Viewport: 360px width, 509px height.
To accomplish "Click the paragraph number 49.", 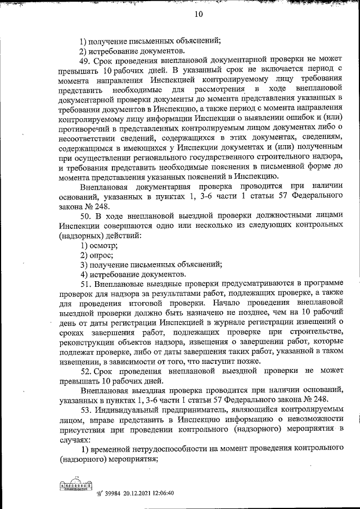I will [85, 60].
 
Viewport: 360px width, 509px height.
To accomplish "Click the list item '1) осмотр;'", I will [99, 245].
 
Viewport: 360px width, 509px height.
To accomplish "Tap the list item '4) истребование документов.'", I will [133, 274].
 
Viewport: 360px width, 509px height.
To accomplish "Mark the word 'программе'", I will [324, 285].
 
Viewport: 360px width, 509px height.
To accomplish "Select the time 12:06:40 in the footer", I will [159, 493].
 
